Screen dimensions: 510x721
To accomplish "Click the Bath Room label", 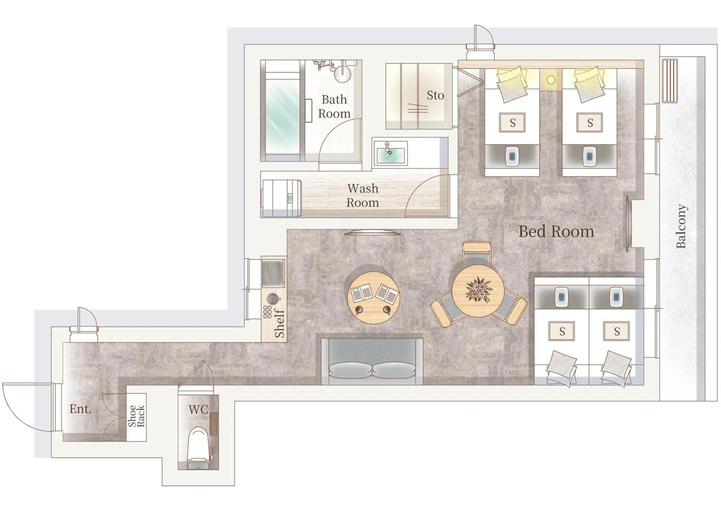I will point(334,106).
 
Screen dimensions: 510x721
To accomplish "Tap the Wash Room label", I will point(363,195).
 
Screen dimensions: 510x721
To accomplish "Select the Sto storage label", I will point(435,95).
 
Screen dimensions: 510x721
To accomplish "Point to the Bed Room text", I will point(556,232).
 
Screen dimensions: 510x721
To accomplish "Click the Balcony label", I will point(681,226).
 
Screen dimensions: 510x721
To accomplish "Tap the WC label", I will point(198,410).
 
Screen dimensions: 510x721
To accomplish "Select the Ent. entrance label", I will point(80,409).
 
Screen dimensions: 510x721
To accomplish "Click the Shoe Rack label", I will point(136,416).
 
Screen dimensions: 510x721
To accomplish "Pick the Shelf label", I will point(279,323).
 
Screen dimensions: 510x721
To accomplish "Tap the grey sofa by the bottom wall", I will point(372,361).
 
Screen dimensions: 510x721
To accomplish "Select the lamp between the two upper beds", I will point(551,80).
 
